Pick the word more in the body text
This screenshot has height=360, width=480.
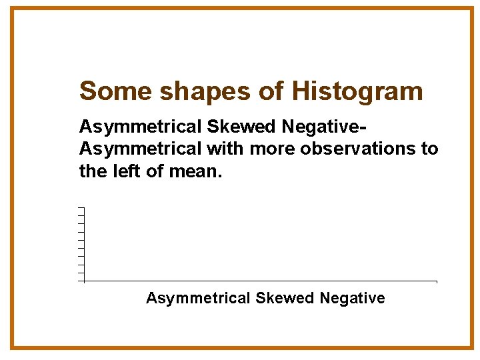[273, 148]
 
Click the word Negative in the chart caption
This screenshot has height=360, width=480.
[353, 298]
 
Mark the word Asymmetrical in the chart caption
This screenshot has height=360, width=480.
[198, 298]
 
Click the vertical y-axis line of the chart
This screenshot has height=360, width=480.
[85, 245]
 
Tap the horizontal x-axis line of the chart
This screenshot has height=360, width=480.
[260, 281]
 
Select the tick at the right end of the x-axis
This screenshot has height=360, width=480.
[437, 282]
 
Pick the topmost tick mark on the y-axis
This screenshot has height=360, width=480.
[81, 209]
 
